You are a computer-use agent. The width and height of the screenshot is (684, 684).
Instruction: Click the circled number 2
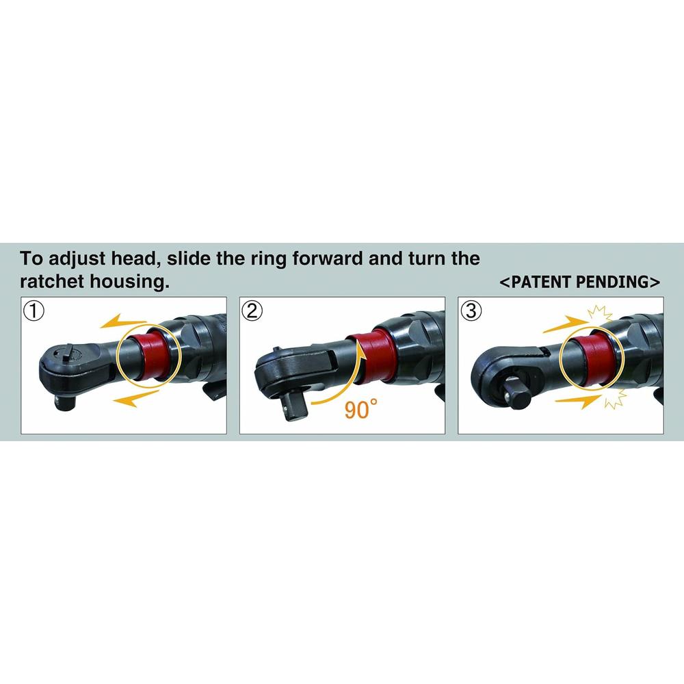point(252,311)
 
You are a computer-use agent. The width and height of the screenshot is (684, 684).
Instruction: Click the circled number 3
point(471,311)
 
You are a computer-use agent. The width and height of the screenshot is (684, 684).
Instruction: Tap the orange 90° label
point(360,409)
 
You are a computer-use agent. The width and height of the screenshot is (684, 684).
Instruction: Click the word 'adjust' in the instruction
point(77,259)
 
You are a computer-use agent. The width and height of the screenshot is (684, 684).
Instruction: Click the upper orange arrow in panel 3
point(566,325)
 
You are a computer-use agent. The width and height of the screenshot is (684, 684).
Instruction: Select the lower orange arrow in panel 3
point(579,400)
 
